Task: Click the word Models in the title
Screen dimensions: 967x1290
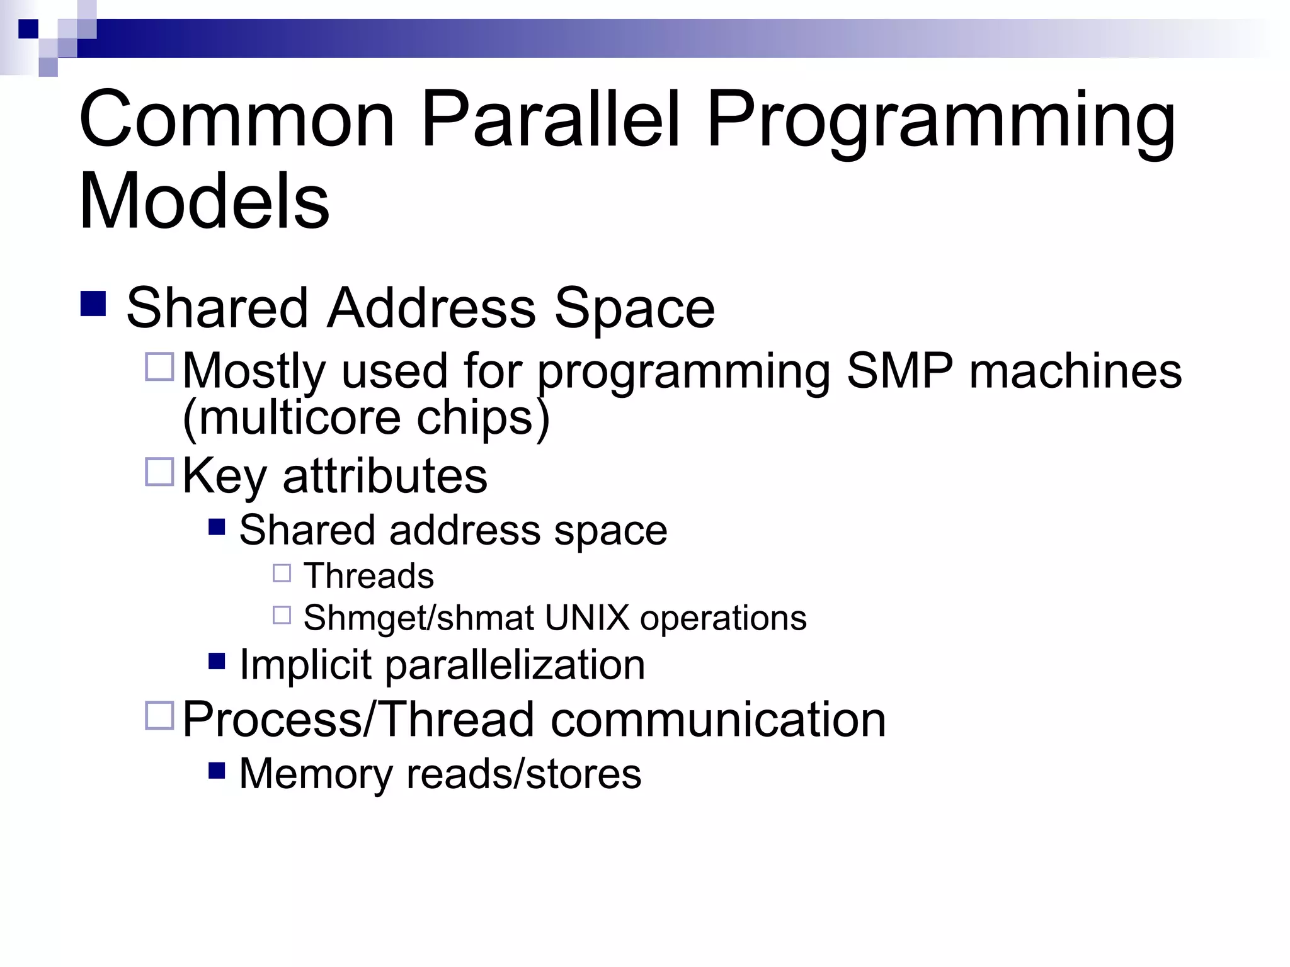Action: (x=204, y=201)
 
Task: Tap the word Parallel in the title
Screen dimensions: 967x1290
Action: (x=551, y=120)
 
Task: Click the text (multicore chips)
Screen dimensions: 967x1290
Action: (x=366, y=418)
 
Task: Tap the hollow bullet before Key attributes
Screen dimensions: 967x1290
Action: (x=159, y=472)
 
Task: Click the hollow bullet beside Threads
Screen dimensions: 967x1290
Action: (x=282, y=573)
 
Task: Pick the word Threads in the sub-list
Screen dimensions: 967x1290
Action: (x=368, y=575)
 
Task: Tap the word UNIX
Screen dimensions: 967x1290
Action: (x=587, y=618)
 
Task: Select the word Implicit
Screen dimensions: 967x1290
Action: (x=306, y=665)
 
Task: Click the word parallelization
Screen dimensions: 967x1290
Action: (x=515, y=665)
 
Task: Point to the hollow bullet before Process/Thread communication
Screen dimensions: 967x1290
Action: (x=159, y=716)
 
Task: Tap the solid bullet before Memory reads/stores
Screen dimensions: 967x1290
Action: (x=217, y=771)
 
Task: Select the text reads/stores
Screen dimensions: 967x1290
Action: (x=523, y=774)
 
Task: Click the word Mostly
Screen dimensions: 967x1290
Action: (x=254, y=371)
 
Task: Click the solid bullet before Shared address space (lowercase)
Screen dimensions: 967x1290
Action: (x=217, y=526)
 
